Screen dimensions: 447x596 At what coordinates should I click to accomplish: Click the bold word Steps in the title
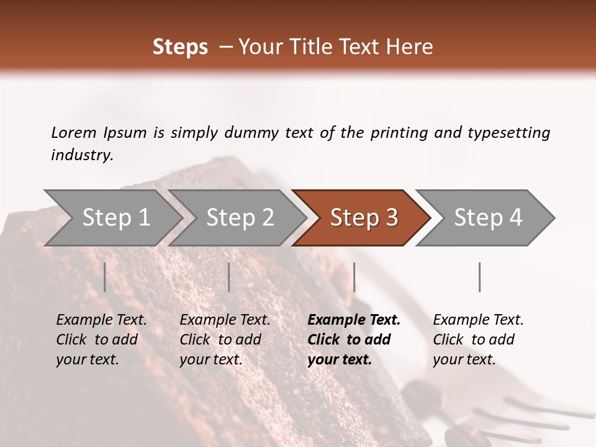pos(180,47)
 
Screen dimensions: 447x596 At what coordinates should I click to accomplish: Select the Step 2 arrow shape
pos(240,218)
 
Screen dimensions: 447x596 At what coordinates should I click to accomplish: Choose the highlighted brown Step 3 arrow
pos(363,218)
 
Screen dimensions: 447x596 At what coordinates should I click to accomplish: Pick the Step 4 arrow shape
pos(487,218)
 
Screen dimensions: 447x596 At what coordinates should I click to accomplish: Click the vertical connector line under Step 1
pos(105,277)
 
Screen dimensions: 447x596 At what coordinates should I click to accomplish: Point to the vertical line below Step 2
pos(229,277)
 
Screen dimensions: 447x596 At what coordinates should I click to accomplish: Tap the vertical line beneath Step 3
pos(354,277)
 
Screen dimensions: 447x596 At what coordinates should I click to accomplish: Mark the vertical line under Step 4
pos(479,277)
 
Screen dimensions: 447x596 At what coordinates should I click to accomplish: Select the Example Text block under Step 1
pos(101,340)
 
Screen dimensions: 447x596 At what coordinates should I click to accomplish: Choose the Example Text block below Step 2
pos(225,340)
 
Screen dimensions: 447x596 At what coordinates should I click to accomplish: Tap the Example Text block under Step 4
pos(478,340)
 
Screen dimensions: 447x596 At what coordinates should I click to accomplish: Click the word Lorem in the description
pos(74,133)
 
